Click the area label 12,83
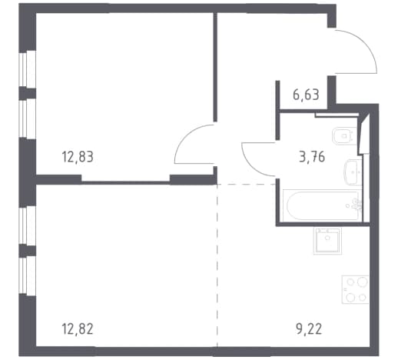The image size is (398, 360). click(78, 157)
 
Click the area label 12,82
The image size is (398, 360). click(78, 329)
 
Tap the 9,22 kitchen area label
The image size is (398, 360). click(309, 329)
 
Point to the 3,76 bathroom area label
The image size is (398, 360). click(312, 157)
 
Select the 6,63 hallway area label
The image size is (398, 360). click(306, 95)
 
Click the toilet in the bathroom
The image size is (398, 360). click(344, 136)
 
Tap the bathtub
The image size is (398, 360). click(323, 205)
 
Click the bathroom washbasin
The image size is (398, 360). click(353, 172)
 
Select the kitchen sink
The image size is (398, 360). click(327, 241)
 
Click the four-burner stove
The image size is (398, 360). click(355, 289)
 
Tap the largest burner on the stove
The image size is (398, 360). click(363, 282)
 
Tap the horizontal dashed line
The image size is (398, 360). click(247, 184)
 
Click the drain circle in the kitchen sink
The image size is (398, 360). click(327, 238)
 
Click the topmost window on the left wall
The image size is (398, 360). click(27, 69)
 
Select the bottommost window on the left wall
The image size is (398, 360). click(27, 276)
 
